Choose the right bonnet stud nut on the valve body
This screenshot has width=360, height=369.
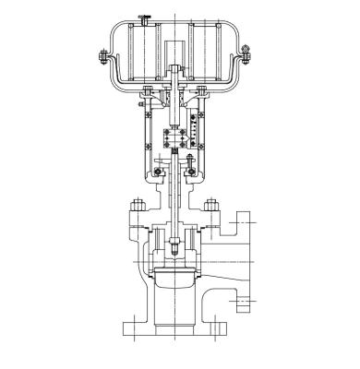click(210, 205)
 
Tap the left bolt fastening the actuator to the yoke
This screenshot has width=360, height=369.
click(148, 90)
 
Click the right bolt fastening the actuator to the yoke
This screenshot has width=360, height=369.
click(199, 90)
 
